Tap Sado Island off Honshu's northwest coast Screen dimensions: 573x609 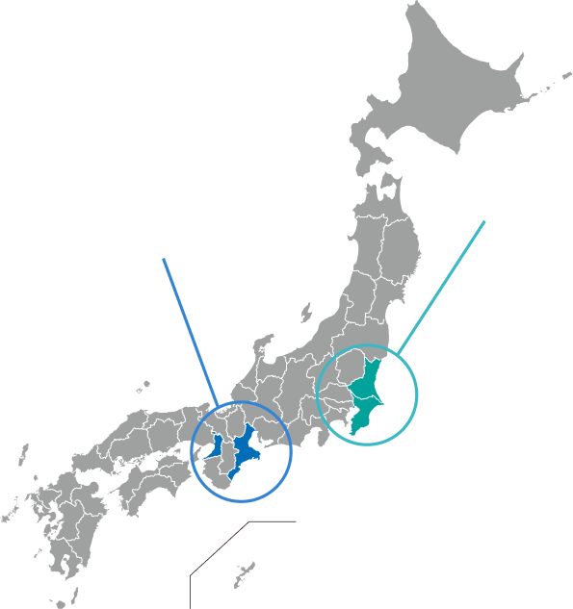point(306,313)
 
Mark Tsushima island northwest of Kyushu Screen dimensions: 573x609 point(21,450)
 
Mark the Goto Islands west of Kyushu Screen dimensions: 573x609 point(12,510)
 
